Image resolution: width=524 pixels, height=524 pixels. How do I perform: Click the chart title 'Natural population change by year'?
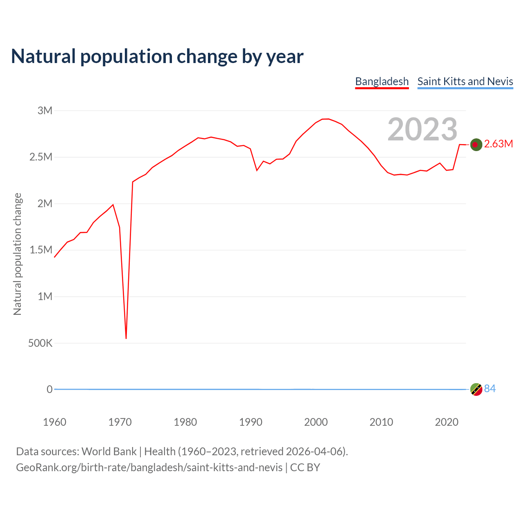click(157, 56)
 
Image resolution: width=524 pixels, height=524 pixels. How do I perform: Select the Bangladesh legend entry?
click(382, 81)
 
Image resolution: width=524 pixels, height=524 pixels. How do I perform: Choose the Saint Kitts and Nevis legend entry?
click(465, 81)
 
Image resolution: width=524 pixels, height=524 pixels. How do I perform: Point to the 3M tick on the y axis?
click(45, 111)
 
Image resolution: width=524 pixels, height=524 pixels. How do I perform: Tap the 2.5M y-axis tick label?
click(41, 157)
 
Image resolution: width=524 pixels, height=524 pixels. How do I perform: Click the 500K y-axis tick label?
click(40, 343)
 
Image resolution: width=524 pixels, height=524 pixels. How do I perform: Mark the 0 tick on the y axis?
click(50, 389)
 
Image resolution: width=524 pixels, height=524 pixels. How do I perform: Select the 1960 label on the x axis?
click(54, 422)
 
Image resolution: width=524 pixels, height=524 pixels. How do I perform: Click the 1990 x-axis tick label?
click(251, 422)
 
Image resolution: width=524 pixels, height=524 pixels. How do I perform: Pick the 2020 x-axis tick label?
click(447, 422)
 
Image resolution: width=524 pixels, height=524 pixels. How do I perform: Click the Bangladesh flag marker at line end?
click(476, 145)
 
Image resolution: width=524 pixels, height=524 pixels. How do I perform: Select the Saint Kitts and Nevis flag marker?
click(476, 389)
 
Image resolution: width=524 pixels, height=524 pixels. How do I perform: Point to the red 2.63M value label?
click(498, 144)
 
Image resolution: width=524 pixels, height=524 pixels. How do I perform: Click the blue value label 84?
click(490, 388)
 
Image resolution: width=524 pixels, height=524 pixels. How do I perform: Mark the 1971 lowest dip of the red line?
click(126, 338)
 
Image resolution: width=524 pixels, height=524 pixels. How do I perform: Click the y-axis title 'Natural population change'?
click(18, 254)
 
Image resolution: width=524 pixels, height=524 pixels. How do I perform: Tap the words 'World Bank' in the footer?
click(109, 452)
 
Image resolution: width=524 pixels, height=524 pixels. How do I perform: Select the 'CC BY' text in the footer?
click(305, 468)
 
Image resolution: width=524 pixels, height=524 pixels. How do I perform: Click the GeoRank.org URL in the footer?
click(149, 468)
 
